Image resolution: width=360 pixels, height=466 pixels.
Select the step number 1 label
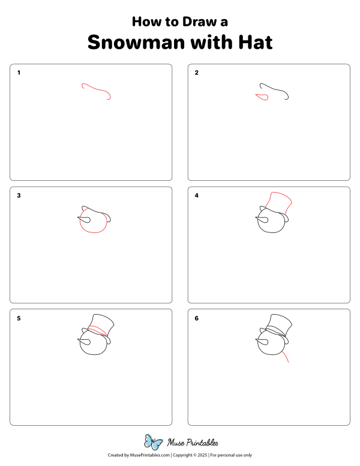[19, 73]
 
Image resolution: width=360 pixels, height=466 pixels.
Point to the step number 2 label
[196, 73]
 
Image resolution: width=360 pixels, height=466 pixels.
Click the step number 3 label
[19, 196]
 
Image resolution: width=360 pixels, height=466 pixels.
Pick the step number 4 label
[196, 196]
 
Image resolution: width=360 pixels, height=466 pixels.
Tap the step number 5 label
[19, 318]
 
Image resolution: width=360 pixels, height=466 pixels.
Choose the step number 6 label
[196, 318]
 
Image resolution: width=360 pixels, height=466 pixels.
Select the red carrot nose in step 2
[261, 97]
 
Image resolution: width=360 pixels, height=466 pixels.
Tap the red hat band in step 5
[99, 330]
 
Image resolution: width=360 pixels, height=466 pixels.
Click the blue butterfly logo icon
[154, 443]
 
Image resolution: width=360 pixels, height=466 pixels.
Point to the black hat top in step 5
[103, 320]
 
